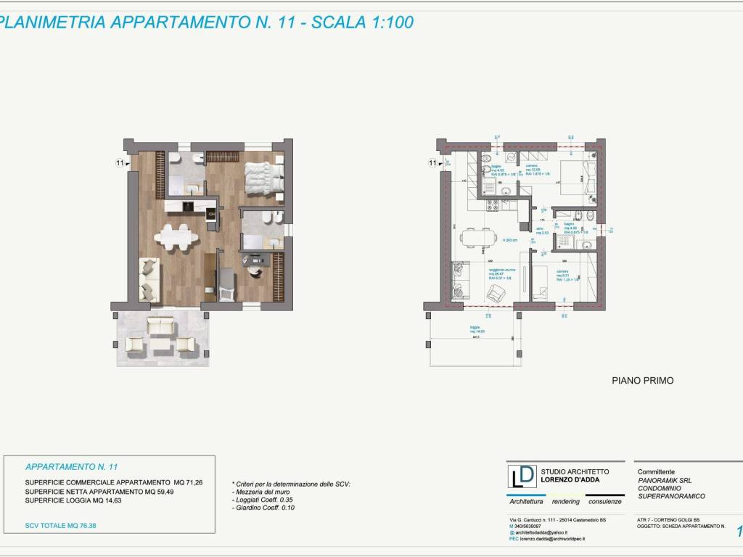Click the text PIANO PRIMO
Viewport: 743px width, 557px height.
click(x=643, y=380)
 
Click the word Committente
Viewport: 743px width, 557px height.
click(x=656, y=471)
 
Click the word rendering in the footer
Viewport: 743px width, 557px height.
click(x=566, y=502)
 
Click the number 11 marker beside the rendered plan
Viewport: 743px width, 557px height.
click(x=120, y=163)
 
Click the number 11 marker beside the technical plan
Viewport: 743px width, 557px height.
click(x=434, y=163)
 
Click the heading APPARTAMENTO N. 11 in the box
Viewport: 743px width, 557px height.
click(x=71, y=467)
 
